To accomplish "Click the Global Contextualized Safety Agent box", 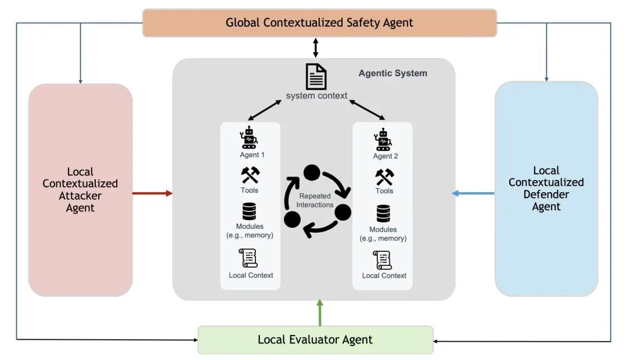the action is click(319, 23).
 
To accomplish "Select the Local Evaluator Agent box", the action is click(315, 340).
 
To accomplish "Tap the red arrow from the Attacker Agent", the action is click(152, 193).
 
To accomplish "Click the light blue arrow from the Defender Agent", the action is click(473, 193).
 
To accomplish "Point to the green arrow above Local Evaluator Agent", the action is click(320, 313).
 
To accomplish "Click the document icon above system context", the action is click(316, 77).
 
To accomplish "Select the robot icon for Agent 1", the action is click(248, 138).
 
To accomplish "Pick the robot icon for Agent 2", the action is click(383, 139).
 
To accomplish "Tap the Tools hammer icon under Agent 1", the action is click(250, 175).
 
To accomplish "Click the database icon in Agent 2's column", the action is click(383, 214).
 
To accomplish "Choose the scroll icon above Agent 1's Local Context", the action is click(248, 258).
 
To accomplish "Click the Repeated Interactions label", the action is click(315, 200).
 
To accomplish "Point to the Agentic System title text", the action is click(392, 73).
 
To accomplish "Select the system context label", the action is click(317, 96).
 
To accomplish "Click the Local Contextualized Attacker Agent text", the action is click(80, 190).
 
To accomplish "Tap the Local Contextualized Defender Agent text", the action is click(546, 188).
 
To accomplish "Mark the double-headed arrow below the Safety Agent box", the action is click(315, 48).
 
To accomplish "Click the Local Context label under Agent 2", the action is click(384, 276).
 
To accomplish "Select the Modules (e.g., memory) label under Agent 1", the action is click(250, 231).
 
